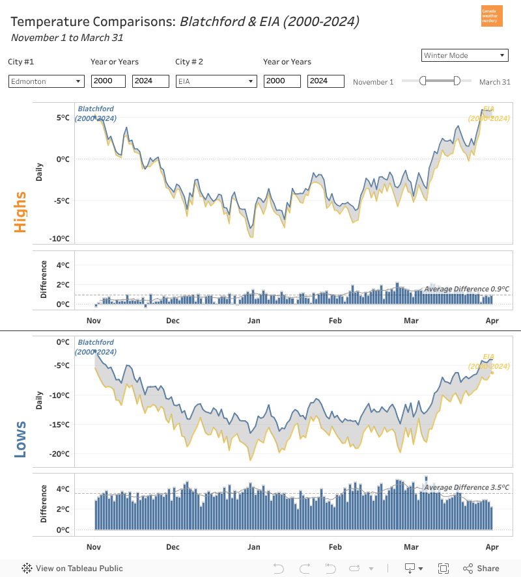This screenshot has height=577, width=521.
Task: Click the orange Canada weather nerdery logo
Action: click(492, 16)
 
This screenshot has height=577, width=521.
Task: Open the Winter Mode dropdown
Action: click(464, 55)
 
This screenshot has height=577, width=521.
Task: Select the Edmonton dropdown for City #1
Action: click(46, 81)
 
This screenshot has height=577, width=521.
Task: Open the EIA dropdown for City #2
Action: click(216, 81)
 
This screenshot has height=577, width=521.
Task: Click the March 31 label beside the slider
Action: click(494, 82)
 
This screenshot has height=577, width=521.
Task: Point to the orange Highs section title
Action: click(20, 212)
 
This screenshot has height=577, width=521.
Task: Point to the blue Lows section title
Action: click(20, 438)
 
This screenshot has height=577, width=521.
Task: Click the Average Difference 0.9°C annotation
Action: click(466, 289)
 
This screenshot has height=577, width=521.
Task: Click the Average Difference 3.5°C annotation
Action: click(466, 487)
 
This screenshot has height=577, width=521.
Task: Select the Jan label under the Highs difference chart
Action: click(253, 320)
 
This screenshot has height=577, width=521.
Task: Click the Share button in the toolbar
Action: click(481, 568)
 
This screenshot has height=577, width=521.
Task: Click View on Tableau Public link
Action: click(72, 568)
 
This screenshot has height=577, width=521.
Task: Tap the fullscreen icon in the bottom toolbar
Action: click(444, 568)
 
